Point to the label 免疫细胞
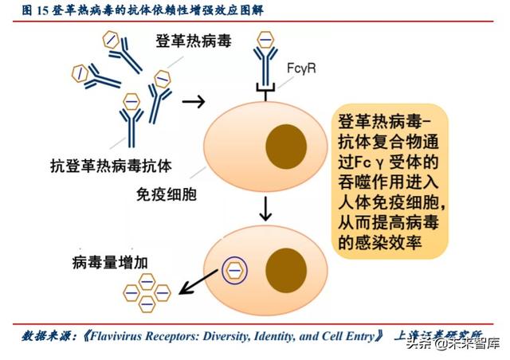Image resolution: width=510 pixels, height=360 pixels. [x=167, y=194]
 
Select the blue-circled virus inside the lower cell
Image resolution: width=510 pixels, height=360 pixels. [x=235, y=269]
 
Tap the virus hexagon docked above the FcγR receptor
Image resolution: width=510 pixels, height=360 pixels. [x=265, y=37]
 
